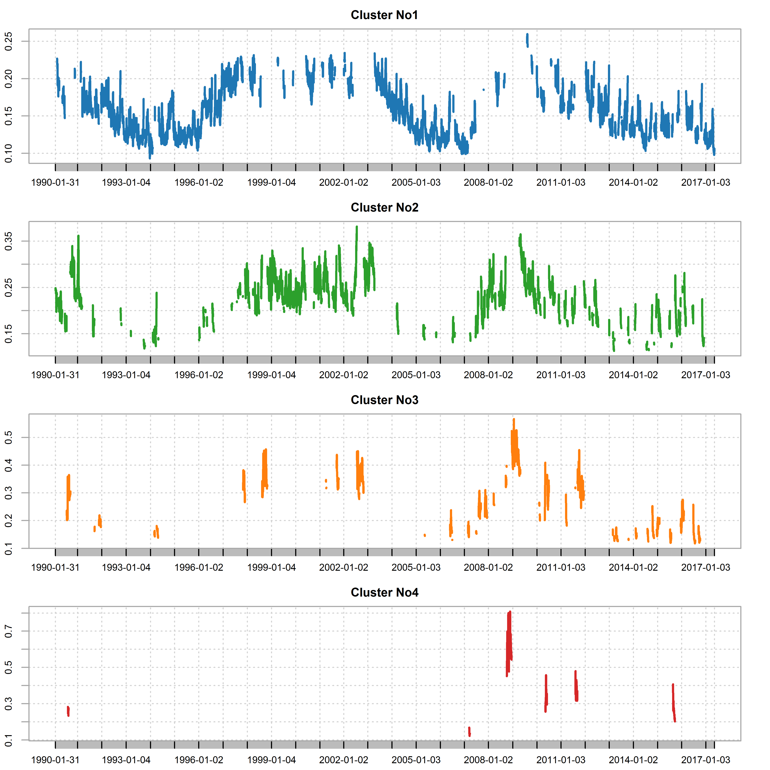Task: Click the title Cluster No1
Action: point(384,15)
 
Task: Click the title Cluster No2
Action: point(384,208)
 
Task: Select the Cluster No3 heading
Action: point(384,400)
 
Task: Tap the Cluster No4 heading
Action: point(384,593)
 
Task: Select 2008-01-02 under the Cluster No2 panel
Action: point(488,375)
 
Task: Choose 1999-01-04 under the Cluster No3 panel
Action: point(271,568)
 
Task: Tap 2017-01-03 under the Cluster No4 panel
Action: point(705,760)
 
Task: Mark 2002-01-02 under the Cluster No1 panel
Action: point(344,183)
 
